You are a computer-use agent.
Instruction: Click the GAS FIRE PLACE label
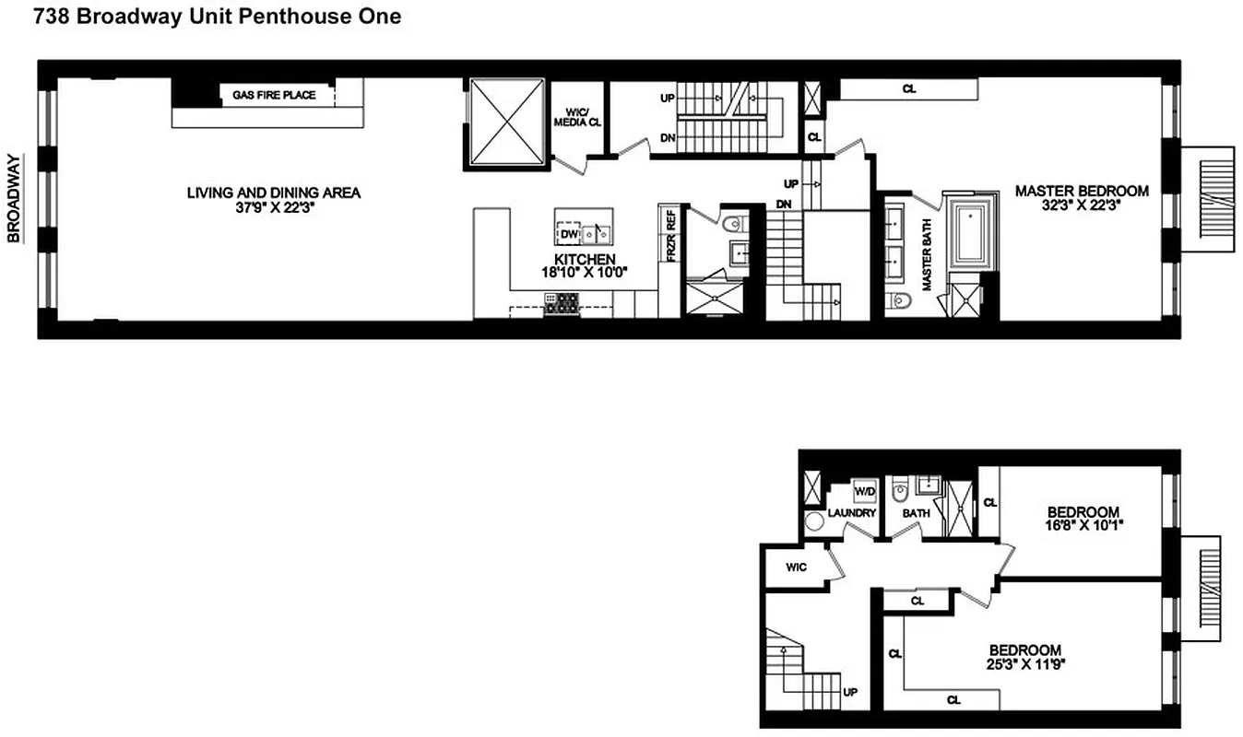[274, 95]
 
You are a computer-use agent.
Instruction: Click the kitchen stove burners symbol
[561, 302]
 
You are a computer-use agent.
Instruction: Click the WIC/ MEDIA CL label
[576, 122]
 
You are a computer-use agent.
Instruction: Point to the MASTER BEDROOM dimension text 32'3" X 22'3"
[1082, 206]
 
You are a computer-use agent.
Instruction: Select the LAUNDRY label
[851, 513]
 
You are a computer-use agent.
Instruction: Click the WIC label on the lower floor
[797, 567]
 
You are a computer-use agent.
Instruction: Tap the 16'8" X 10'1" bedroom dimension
[1083, 526]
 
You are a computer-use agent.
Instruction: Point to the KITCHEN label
[585, 259]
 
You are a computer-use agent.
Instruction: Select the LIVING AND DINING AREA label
[274, 193]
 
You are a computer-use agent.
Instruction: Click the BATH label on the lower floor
[916, 513]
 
